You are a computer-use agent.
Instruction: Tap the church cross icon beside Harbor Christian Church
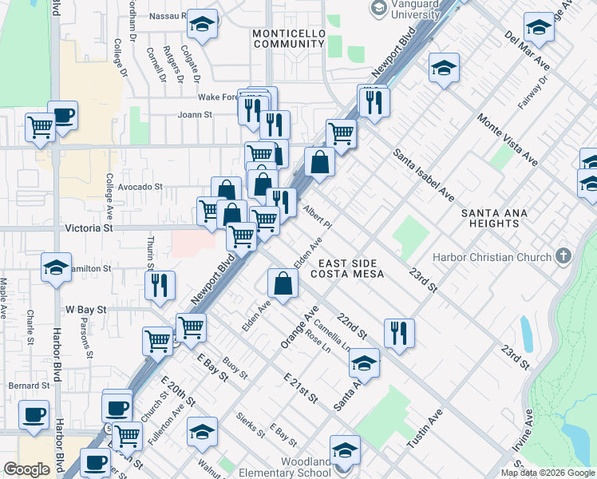click(x=563, y=257)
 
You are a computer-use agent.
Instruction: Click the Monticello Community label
click(x=288, y=38)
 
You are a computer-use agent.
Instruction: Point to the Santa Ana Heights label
click(x=501, y=218)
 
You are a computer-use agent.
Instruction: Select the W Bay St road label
click(x=85, y=308)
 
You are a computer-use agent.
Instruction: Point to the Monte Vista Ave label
click(x=508, y=140)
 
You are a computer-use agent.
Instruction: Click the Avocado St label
click(x=140, y=187)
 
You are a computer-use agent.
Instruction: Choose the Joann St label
click(x=195, y=114)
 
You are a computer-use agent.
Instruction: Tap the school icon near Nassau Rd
click(x=203, y=24)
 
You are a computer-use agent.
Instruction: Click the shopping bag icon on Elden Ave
click(x=283, y=282)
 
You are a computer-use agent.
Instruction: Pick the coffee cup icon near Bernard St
click(x=34, y=416)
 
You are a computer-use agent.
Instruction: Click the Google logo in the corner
click(x=26, y=469)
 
